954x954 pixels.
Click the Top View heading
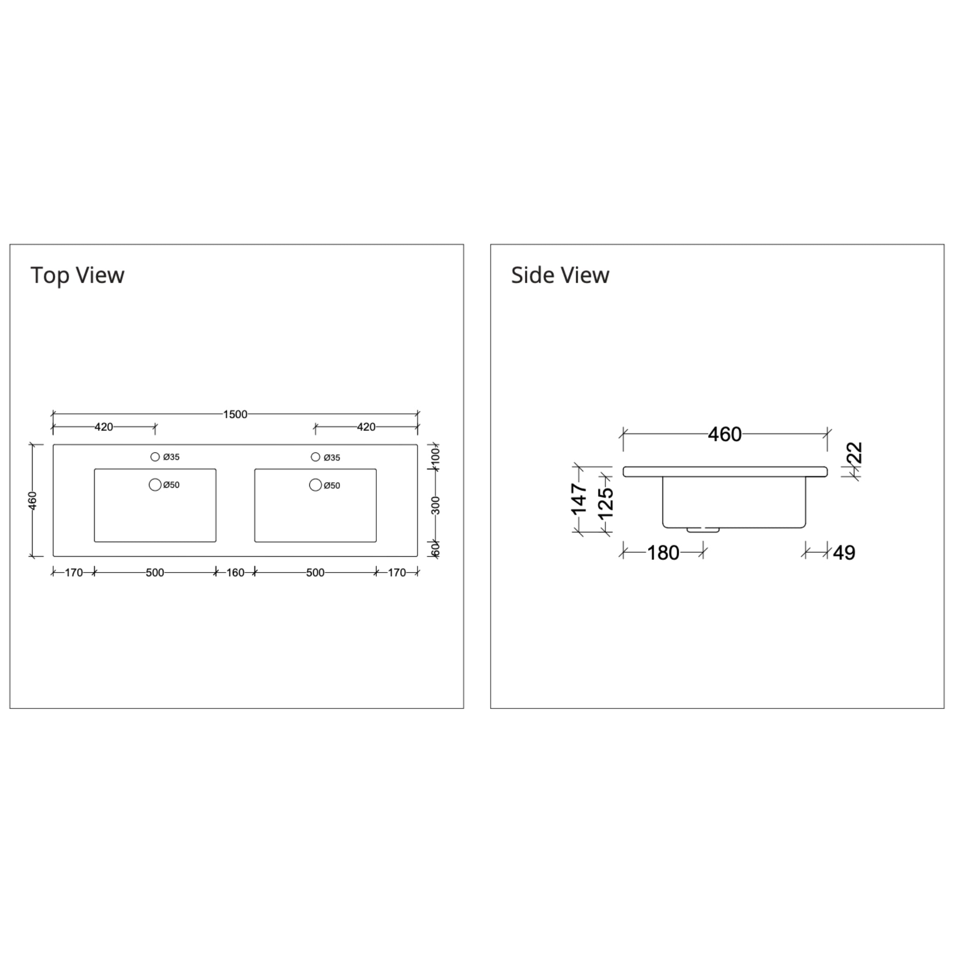(77, 275)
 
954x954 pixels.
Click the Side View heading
(560, 275)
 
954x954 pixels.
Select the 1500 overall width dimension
(235, 414)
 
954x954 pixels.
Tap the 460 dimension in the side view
(724, 434)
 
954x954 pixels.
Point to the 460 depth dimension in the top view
(33, 500)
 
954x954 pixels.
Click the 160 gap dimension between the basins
(236, 572)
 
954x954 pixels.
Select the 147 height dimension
(579, 499)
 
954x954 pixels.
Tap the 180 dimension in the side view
(663, 552)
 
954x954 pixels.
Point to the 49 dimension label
(844, 552)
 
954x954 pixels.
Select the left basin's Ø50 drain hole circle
(155, 485)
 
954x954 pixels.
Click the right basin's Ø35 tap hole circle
(315, 457)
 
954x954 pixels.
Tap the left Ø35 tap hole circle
(155, 457)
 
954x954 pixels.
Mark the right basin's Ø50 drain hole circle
(315, 485)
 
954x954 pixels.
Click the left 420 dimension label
(104, 427)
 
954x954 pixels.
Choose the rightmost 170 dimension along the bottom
(397, 572)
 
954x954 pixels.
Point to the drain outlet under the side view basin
(702, 530)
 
